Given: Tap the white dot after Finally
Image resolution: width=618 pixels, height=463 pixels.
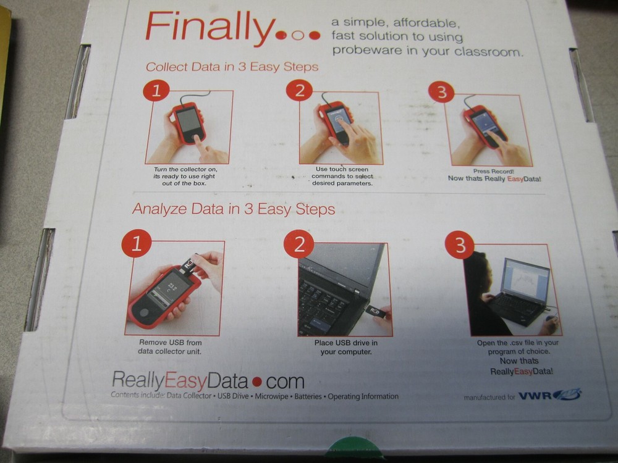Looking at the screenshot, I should point(298,36).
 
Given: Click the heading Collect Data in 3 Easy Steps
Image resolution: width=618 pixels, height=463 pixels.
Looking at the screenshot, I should point(232,67).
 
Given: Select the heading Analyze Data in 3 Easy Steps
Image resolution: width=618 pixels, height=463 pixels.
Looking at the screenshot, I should point(234,209).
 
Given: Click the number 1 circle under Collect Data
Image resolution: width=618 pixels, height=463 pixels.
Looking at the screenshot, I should point(156,91).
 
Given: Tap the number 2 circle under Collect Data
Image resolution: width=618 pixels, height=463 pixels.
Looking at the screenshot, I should point(299,91).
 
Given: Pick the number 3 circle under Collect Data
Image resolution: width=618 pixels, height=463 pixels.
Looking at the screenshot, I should point(441,93).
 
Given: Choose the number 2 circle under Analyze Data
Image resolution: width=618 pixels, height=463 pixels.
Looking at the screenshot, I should point(298,244).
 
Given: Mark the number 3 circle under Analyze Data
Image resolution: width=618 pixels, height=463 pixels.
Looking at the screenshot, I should point(460,246).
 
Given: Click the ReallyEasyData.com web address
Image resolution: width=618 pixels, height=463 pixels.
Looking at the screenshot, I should point(208,380).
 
